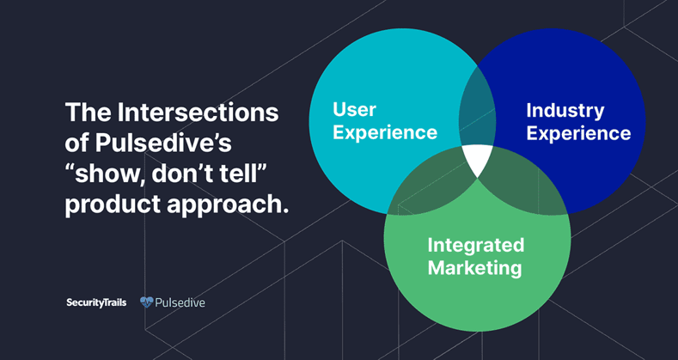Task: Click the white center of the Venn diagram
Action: [478, 158]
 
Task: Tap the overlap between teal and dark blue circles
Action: [478, 108]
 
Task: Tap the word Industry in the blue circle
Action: [565, 110]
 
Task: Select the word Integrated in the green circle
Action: [476, 246]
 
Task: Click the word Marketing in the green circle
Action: [475, 268]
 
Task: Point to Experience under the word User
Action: [385, 132]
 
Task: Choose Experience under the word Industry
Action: [578, 133]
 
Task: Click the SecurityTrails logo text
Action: [96, 302]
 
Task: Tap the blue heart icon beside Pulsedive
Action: [147, 302]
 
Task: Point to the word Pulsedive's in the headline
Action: [163, 143]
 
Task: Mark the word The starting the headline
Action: [89, 112]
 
